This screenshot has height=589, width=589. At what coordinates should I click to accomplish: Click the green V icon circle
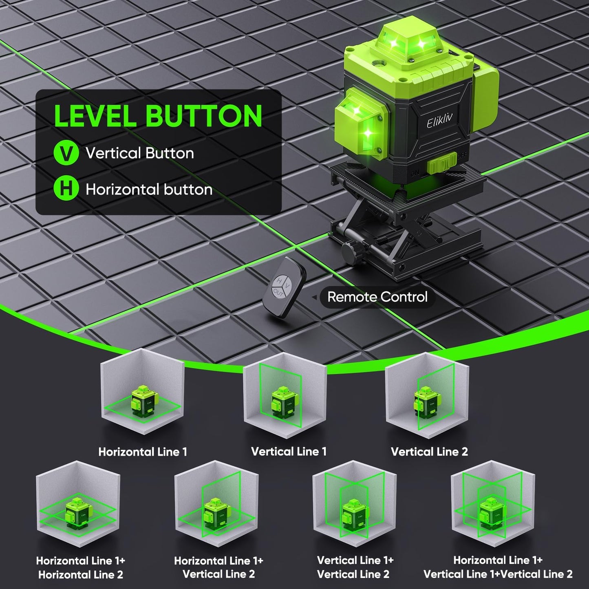(x=66, y=153)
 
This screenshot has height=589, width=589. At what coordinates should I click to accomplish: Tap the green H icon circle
(x=66, y=189)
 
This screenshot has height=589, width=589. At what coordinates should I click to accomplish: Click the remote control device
(x=284, y=287)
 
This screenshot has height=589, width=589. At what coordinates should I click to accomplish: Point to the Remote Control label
(x=377, y=297)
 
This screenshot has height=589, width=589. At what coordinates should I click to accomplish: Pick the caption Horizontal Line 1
(x=143, y=452)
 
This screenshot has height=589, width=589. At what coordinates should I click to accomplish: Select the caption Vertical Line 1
(x=289, y=451)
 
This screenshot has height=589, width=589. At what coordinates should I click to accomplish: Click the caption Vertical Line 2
(x=429, y=452)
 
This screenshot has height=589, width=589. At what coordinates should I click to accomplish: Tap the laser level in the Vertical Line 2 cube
(x=425, y=401)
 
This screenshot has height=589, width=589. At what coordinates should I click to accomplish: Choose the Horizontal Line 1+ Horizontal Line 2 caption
(x=80, y=567)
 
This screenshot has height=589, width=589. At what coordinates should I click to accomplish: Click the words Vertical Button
(x=139, y=153)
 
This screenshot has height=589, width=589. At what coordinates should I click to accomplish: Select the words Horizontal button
(x=149, y=190)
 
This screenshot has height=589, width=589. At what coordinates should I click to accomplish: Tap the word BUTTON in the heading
(x=204, y=116)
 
